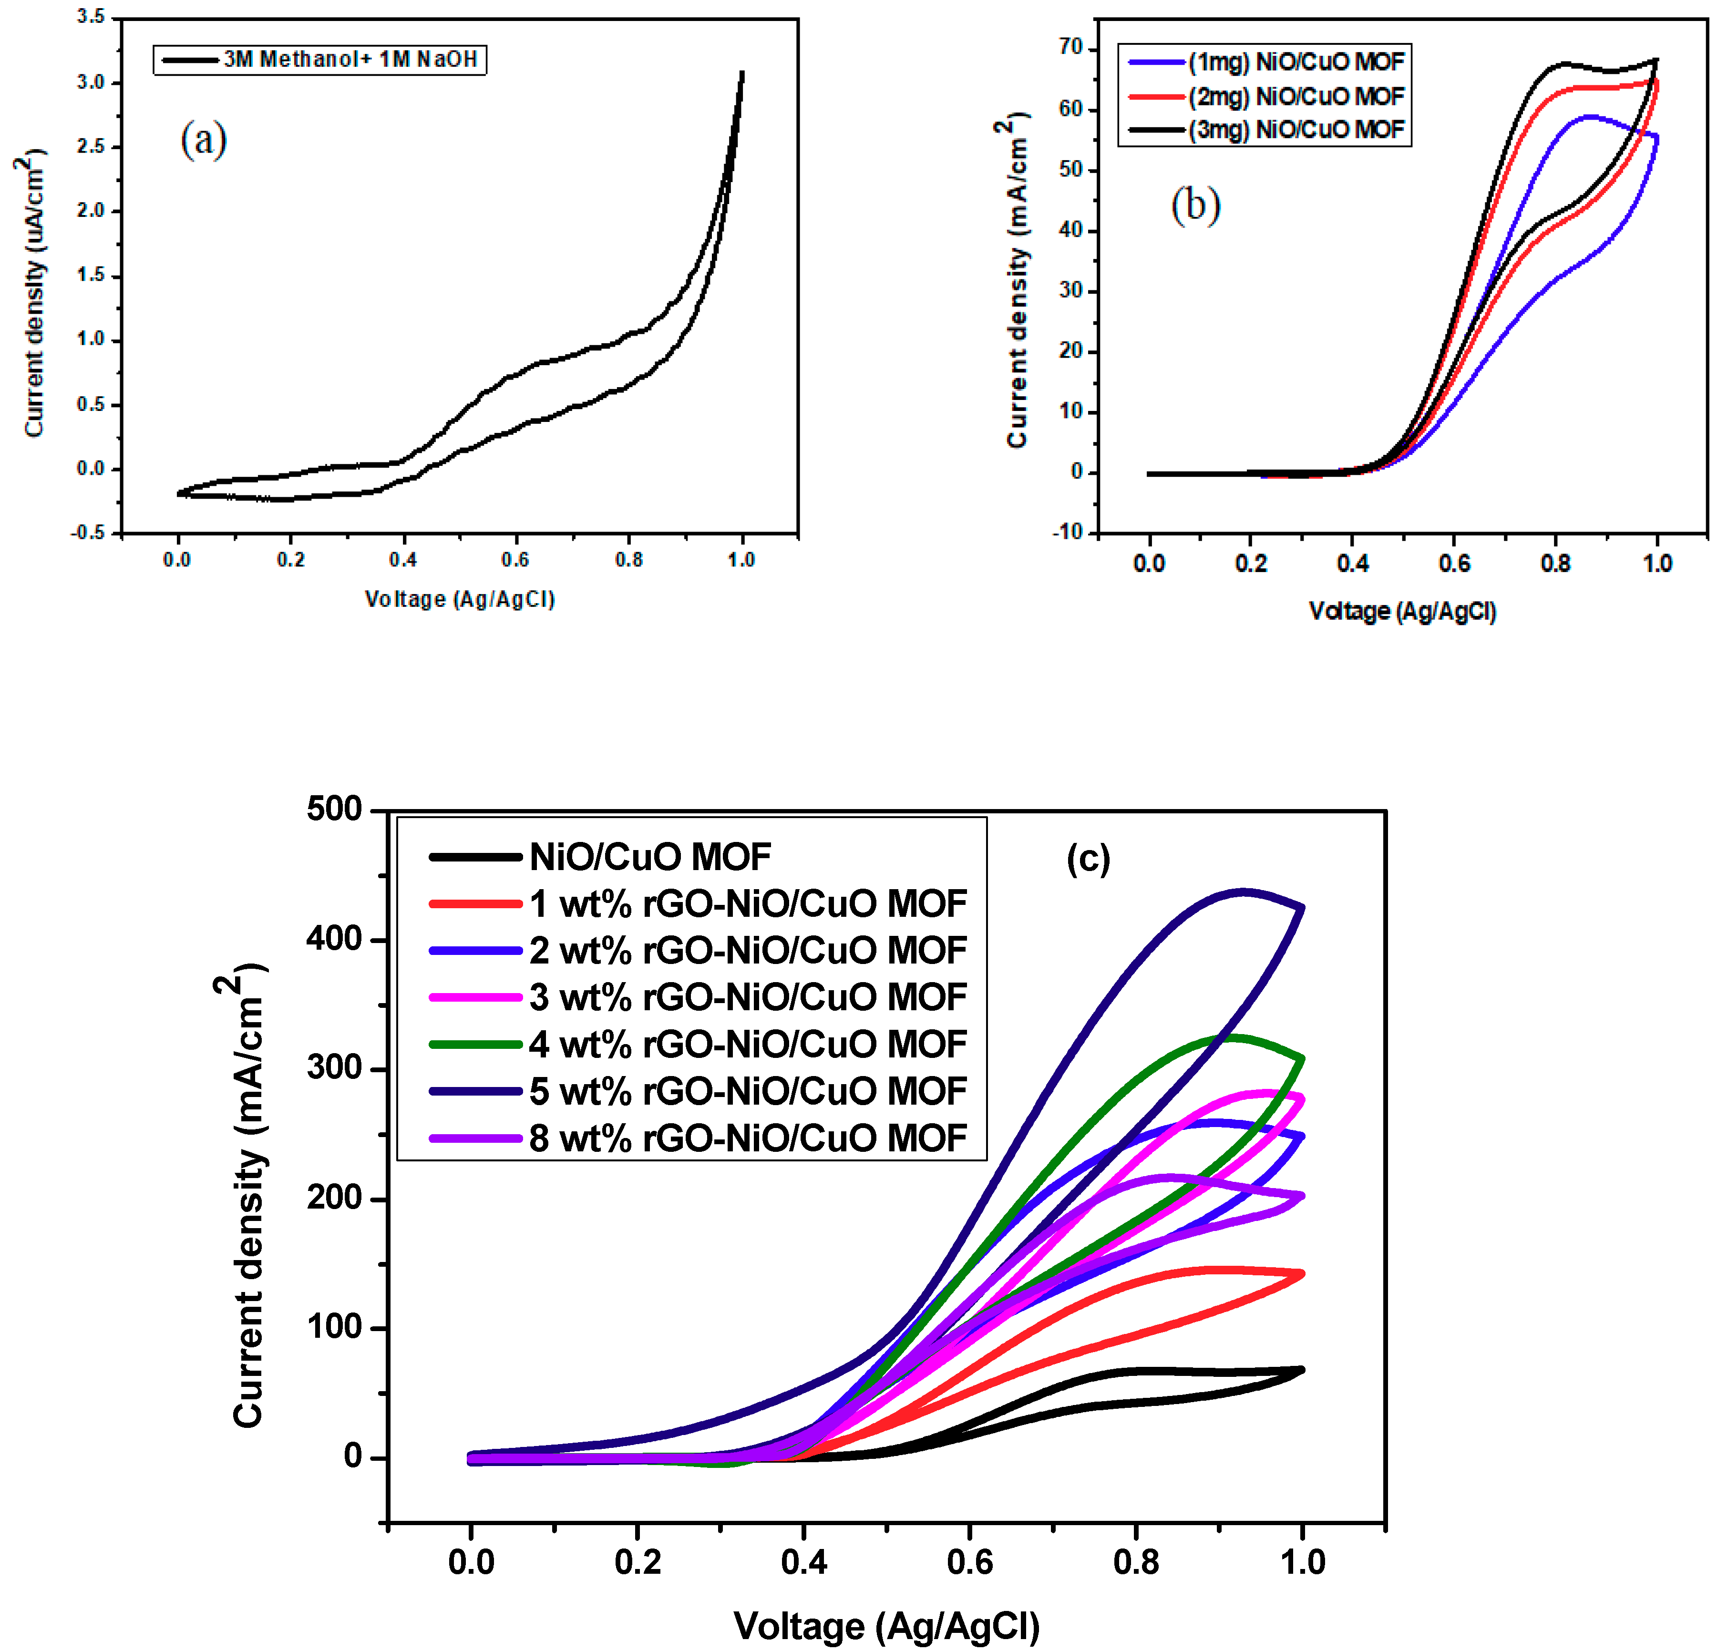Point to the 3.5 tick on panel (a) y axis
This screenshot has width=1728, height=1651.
(91, 17)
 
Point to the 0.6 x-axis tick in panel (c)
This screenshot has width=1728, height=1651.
(969, 1562)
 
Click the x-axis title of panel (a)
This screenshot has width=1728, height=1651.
(460, 599)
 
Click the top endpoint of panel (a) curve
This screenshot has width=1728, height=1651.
(742, 73)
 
